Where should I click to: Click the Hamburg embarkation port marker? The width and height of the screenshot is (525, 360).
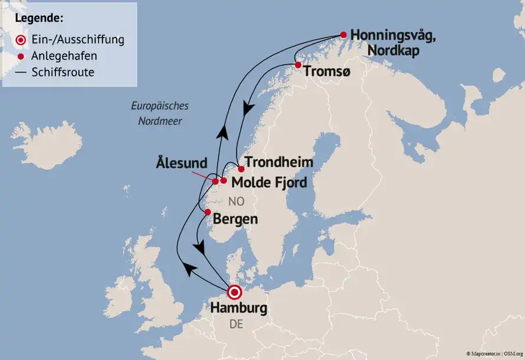pyautogui.click(x=235, y=292)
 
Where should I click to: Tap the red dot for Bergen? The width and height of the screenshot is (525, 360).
pyautogui.click(x=207, y=212)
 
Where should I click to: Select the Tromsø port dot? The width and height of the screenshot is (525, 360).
pyautogui.click(x=298, y=65)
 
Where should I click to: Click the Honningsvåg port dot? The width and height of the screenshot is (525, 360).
pyautogui.click(x=343, y=35)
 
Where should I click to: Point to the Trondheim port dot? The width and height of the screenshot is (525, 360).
pyautogui.click(x=241, y=169)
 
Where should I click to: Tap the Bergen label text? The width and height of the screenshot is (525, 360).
pyautogui.click(x=235, y=219)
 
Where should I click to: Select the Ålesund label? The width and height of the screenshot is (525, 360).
pyautogui.click(x=181, y=162)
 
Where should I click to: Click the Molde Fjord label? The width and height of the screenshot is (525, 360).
pyautogui.click(x=269, y=182)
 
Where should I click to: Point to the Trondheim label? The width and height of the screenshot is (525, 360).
pyautogui.click(x=278, y=162)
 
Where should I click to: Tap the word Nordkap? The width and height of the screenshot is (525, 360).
pyautogui.click(x=393, y=51)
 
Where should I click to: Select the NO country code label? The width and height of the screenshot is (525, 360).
pyautogui.click(x=235, y=202)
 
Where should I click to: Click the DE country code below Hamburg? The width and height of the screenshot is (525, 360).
pyautogui.click(x=235, y=325)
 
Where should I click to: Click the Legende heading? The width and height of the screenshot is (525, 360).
pyautogui.click(x=39, y=17)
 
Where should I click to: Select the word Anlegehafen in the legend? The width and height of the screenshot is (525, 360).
pyautogui.click(x=65, y=56)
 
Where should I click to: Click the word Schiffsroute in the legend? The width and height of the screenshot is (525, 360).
pyautogui.click(x=63, y=72)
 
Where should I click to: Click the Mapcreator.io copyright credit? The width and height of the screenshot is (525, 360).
pyautogui.click(x=483, y=353)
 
